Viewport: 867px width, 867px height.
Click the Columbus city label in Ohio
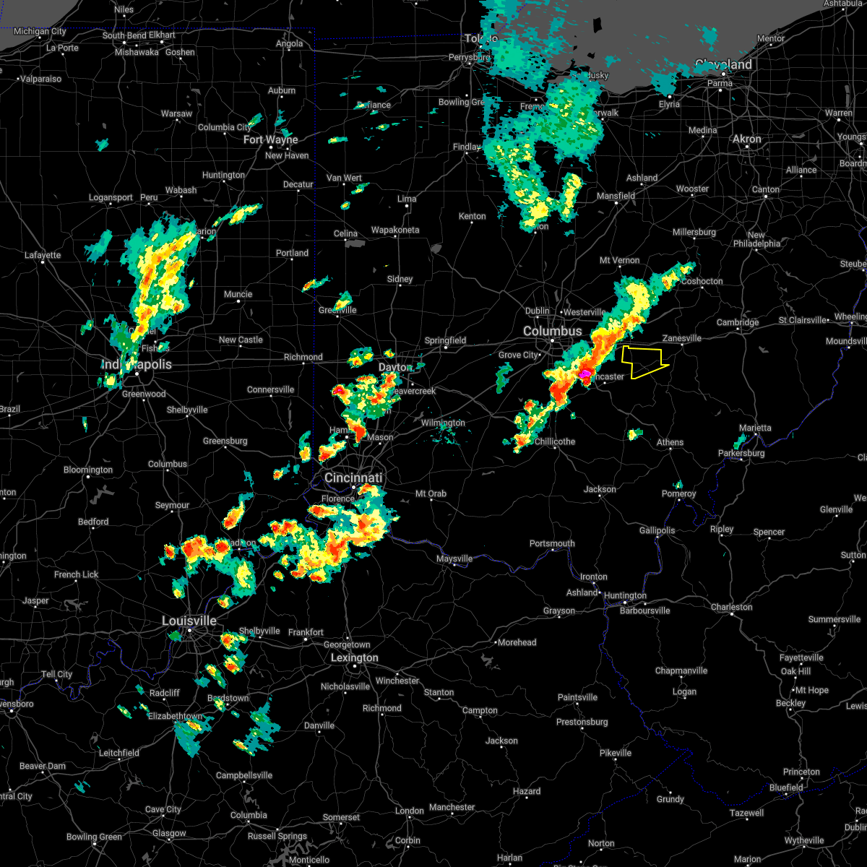pyautogui.click(x=552, y=331)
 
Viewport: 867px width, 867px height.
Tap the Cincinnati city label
pyautogui.click(x=353, y=478)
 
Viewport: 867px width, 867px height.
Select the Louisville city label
pyautogui.click(x=189, y=621)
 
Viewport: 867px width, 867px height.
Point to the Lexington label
pyautogui.click(x=354, y=658)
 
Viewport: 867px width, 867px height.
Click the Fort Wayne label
pyautogui.click(x=270, y=139)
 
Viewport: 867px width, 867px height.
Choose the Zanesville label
pyautogui.click(x=681, y=338)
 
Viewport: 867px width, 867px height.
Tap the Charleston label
pyautogui.click(x=731, y=607)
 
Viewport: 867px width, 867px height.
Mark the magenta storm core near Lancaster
pyautogui.click(x=584, y=374)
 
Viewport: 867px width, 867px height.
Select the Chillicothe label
pyautogui.click(x=555, y=441)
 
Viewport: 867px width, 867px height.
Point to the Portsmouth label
pyautogui.click(x=552, y=543)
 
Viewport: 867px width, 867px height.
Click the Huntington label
pyautogui.click(x=625, y=596)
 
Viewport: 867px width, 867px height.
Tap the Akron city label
pyautogui.click(x=747, y=139)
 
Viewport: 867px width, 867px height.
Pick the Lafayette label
pyautogui.click(x=43, y=255)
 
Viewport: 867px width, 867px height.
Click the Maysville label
pyautogui.click(x=454, y=558)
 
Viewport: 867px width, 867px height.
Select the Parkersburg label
pyautogui.click(x=741, y=454)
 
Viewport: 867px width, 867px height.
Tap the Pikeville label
pyautogui.click(x=616, y=753)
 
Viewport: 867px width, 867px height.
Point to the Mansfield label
pyautogui.click(x=616, y=196)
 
